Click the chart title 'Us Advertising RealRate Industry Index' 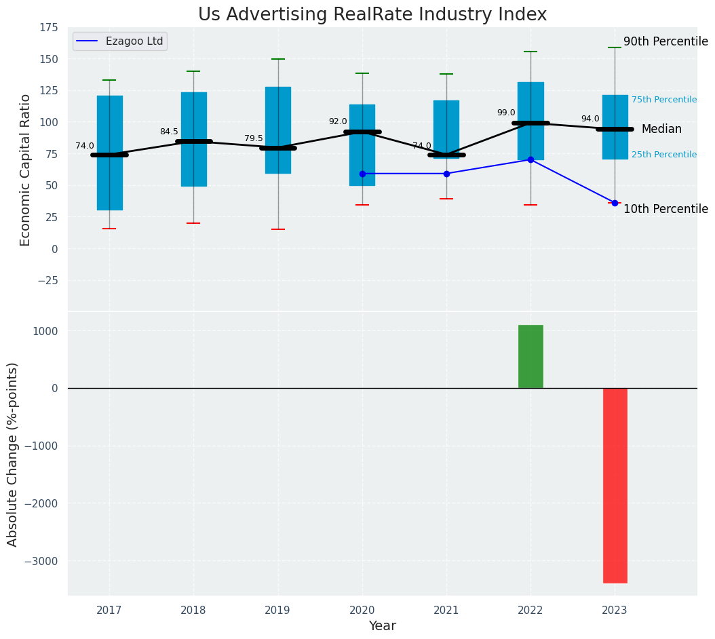(x=372, y=15)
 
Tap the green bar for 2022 (x=530, y=357)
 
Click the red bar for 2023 (x=615, y=485)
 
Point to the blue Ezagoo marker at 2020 (x=362, y=174)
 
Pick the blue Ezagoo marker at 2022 (x=530, y=159)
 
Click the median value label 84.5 (x=169, y=132)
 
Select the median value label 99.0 (x=506, y=113)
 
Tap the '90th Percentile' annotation (x=665, y=41)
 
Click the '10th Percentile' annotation (x=665, y=209)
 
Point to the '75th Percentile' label (x=663, y=100)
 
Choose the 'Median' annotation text (x=661, y=129)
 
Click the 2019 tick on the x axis (x=277, y=611)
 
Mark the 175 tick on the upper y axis (x=49, y=27)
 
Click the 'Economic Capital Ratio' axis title (x=26, y=170)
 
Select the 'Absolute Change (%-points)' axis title (x=13, y=454)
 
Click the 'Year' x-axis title (x=382, y=626)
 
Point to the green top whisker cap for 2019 (x=277, y=59)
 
